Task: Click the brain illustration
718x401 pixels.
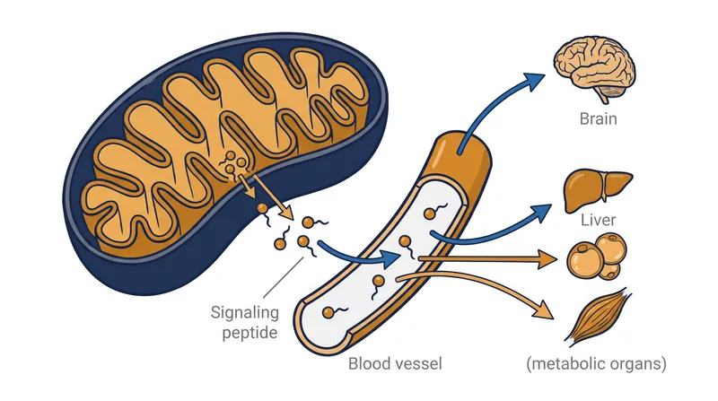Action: point(594,69)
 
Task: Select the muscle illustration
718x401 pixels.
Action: point(599,317)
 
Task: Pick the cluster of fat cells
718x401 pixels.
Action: point(597,257)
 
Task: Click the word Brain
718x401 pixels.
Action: point(598,119)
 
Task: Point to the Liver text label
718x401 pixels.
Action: point(598,220)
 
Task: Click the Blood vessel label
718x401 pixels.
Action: point(395,364)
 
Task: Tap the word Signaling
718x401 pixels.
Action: point(244,314)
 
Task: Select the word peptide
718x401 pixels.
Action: point(250,333)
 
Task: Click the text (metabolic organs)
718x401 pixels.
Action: point(596,364)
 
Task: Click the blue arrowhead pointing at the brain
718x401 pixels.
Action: point(533,82)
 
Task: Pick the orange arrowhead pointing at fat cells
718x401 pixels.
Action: point(547,259)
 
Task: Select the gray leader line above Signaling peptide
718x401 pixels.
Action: point(284,277)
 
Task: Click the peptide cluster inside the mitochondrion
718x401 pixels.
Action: point(235,165)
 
